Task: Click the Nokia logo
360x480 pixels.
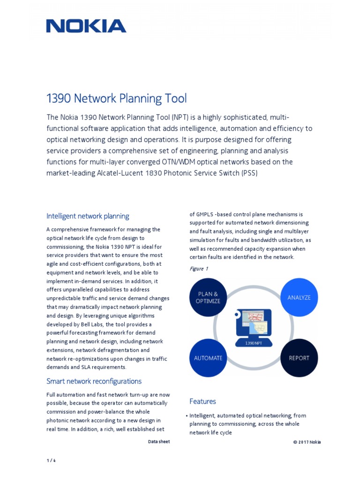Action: point(86,26)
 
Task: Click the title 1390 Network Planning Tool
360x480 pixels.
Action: point(116,98)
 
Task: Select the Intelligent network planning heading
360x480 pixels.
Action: point(88,216)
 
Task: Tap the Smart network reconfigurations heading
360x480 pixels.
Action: point(94,381)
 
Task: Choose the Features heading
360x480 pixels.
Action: point(202,401)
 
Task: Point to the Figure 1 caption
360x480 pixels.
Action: point(199,269)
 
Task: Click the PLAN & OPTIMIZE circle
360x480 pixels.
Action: point(208,298)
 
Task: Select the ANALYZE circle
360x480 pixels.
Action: point(299,297)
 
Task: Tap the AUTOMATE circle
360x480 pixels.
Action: point(208,358)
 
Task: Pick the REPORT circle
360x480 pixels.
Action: point(299,358)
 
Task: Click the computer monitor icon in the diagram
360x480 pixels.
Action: point(254,323)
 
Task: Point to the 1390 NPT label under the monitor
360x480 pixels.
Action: point(254,343)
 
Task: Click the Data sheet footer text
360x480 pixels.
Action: point(159,442)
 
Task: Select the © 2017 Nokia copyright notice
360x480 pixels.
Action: point(307,442)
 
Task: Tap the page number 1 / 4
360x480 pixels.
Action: point(51,460)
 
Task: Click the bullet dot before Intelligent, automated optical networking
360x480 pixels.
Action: point(187,416)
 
